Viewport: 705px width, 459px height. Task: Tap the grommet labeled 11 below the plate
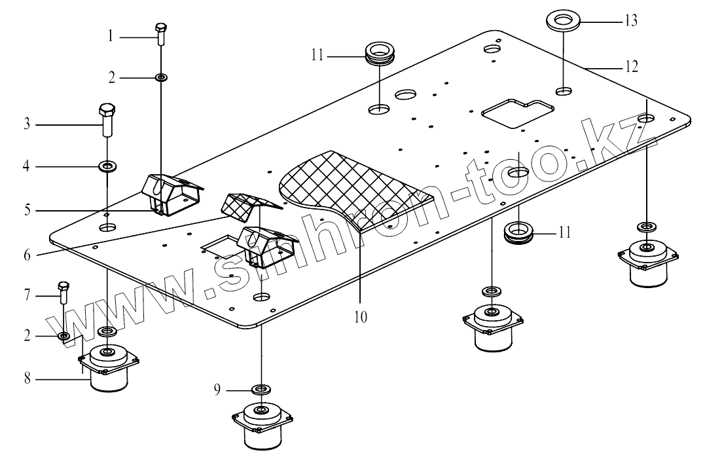(x=520, y=233)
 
